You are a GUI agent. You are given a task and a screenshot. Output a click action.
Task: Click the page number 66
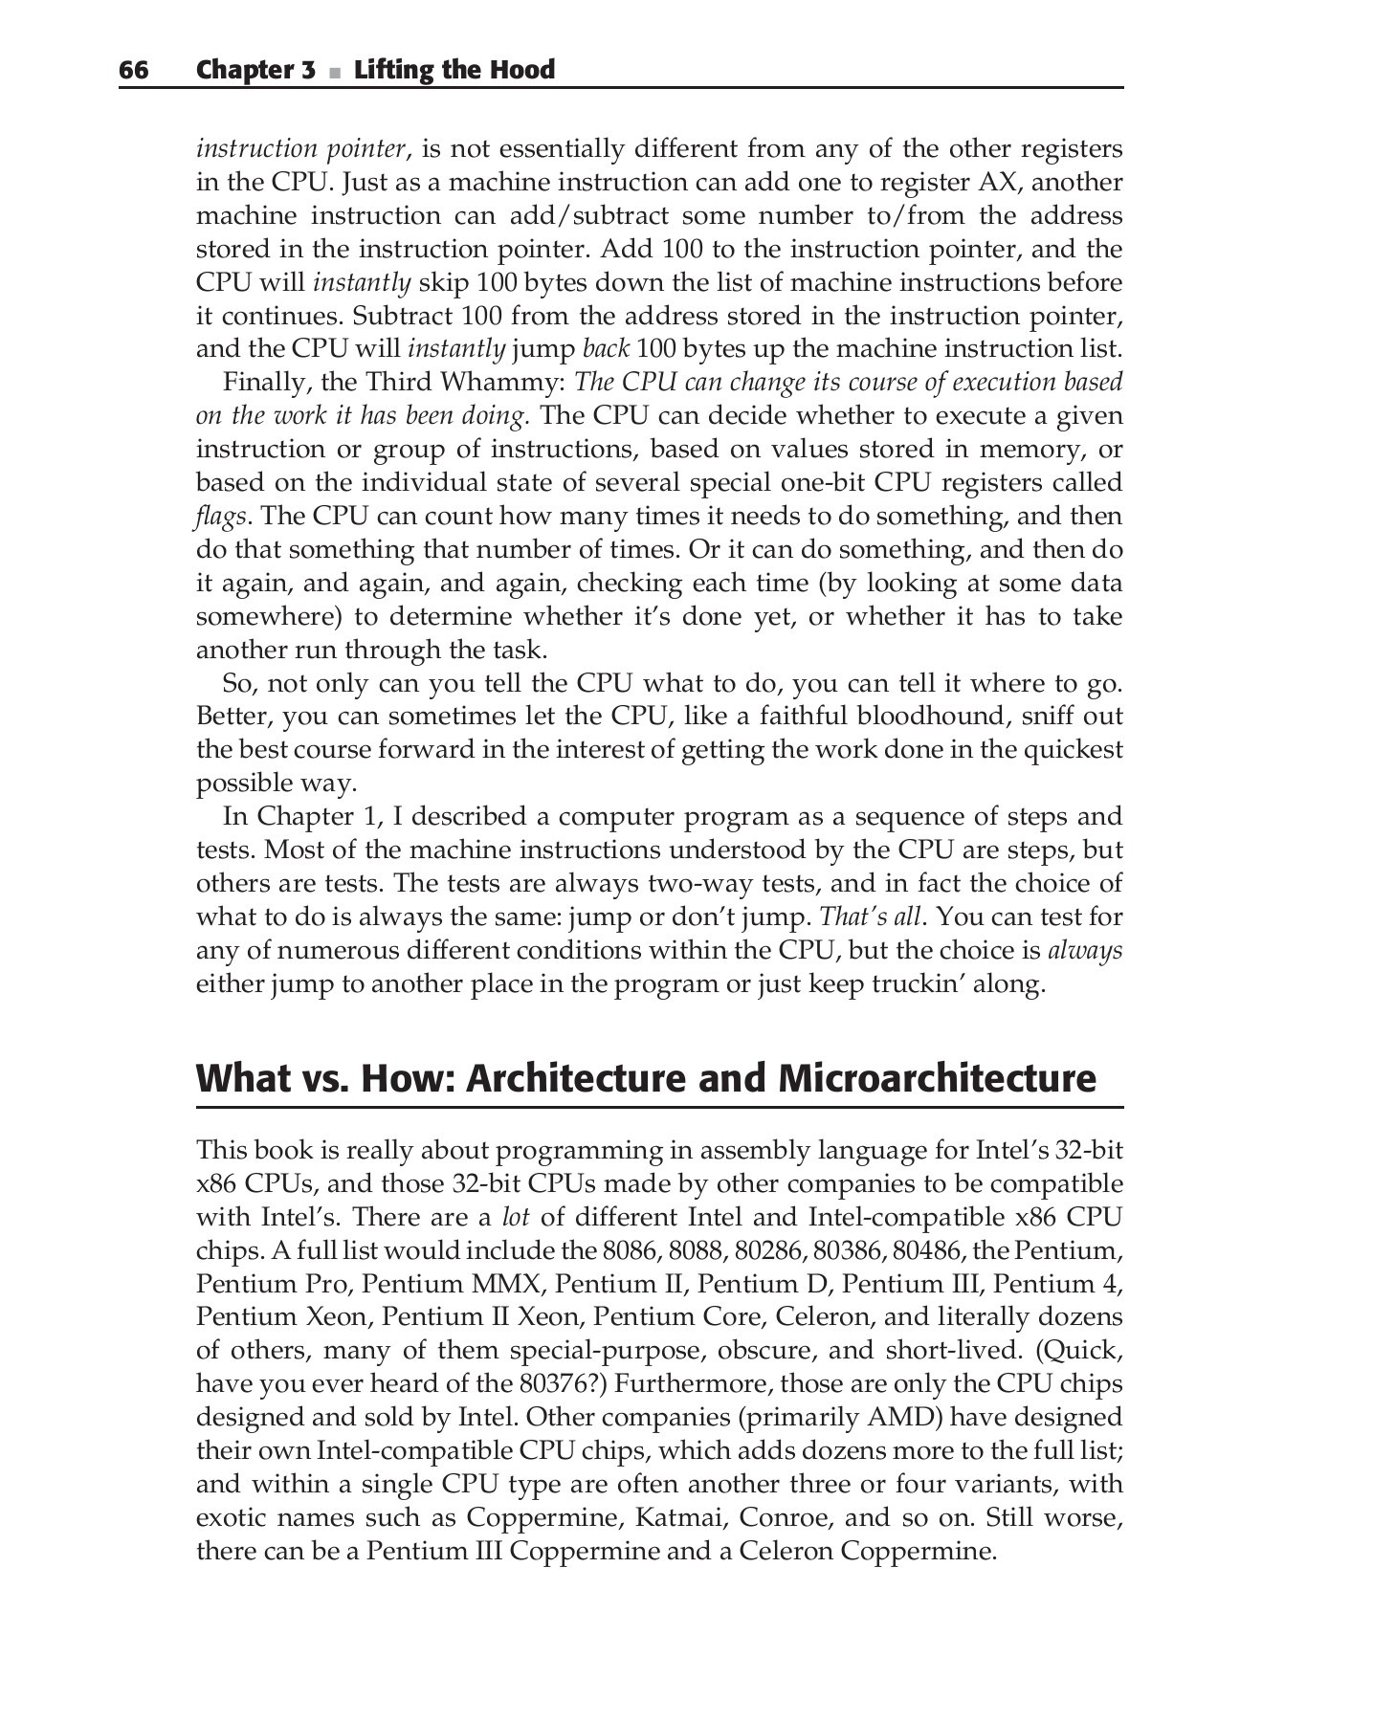click(134, 71)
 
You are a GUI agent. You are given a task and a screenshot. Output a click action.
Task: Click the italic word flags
click(221, 517)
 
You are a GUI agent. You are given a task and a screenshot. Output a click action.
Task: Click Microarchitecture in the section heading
click(937, 1078)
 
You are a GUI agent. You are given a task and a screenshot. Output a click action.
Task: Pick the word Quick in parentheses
click(1078, 1351)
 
